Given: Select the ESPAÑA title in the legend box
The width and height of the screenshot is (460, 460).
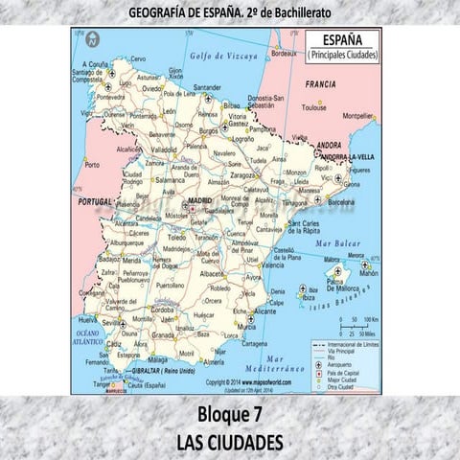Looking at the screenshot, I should (x=343, y=40).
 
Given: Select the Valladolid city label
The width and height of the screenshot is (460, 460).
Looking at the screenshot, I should (x=164, y=149).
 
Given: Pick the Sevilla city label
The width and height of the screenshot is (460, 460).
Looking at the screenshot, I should (x=115, y=322).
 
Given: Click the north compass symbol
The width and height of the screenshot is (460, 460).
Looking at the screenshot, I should (x=93, y=40).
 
